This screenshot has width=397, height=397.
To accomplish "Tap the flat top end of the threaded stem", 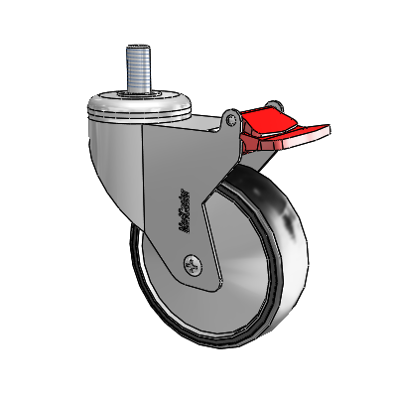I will pyautogui.click(x=140, y=48).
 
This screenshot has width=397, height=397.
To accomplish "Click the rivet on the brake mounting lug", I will pyautogui.click(x=231, y=121).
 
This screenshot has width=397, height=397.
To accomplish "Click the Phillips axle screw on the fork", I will pyautogui.click(x=193, y=265).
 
